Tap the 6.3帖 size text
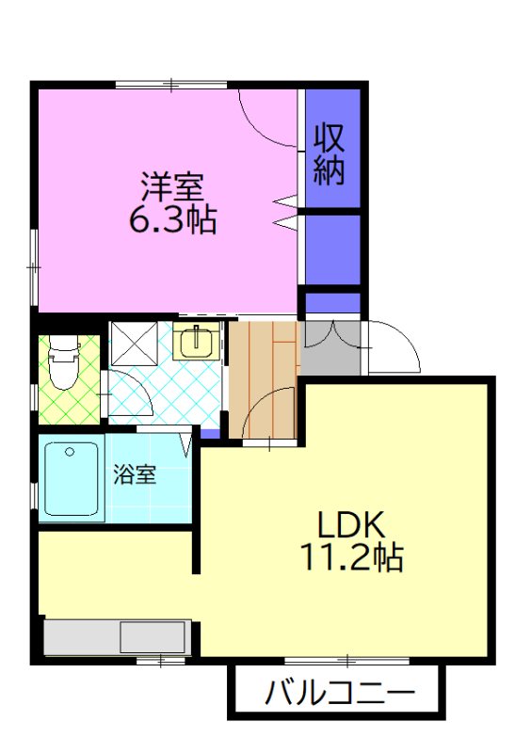[x=171, y=219]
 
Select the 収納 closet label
[x=330, y=153]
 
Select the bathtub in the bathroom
[x=72, y=478]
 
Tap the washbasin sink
[x=196, y=342]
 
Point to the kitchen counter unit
[x=118, y=637]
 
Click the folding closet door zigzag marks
[x=286, y=211]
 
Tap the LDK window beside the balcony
[x=348, y=660]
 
